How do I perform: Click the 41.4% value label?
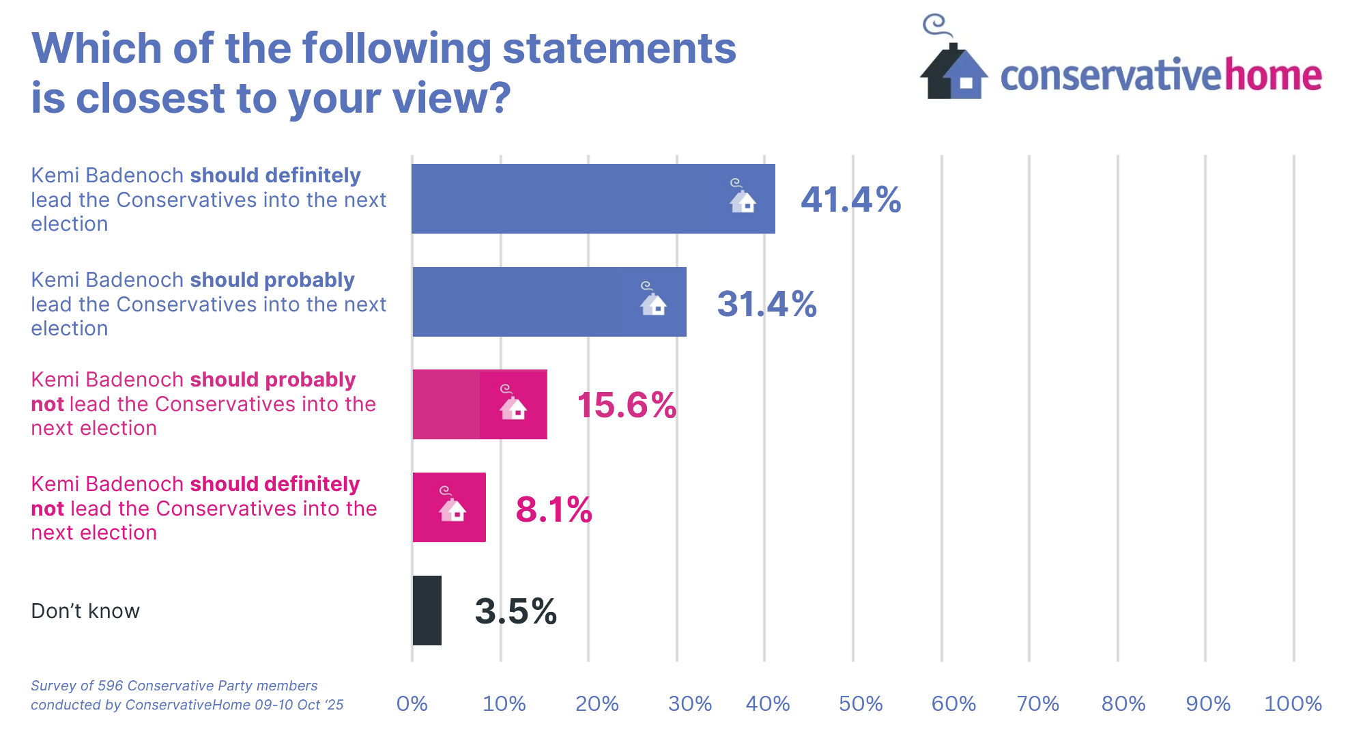click(850, 200)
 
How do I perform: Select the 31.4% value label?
click(766, 304)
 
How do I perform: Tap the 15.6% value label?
click(627, 405)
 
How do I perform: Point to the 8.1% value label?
click(554, 509)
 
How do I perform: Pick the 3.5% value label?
click(516, 611)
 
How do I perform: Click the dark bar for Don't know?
click(427, 611)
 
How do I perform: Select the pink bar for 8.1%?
click(449, 507)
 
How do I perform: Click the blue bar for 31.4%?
click(549, 302)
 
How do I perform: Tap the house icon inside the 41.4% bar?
click(742, 197)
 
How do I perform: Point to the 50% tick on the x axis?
click(860, 703)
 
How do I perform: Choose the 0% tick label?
click(412, 703)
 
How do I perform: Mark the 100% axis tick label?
click(1293, 703)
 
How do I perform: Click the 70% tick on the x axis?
click(1037, 703)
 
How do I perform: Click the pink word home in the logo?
click(1273, 75)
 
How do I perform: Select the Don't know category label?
click(85, 611)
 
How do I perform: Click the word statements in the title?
click(619, 49)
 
